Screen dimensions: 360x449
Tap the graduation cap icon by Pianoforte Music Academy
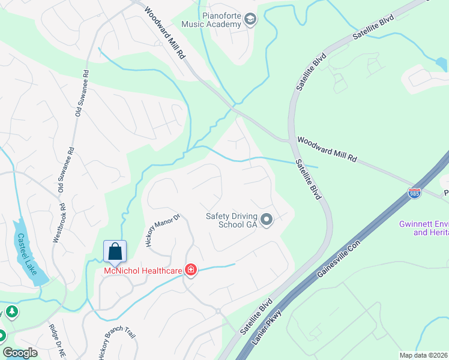250,21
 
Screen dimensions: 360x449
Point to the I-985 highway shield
414,193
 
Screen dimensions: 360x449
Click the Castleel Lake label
28,253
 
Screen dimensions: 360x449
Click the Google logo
20,353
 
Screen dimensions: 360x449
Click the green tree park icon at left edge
11,313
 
